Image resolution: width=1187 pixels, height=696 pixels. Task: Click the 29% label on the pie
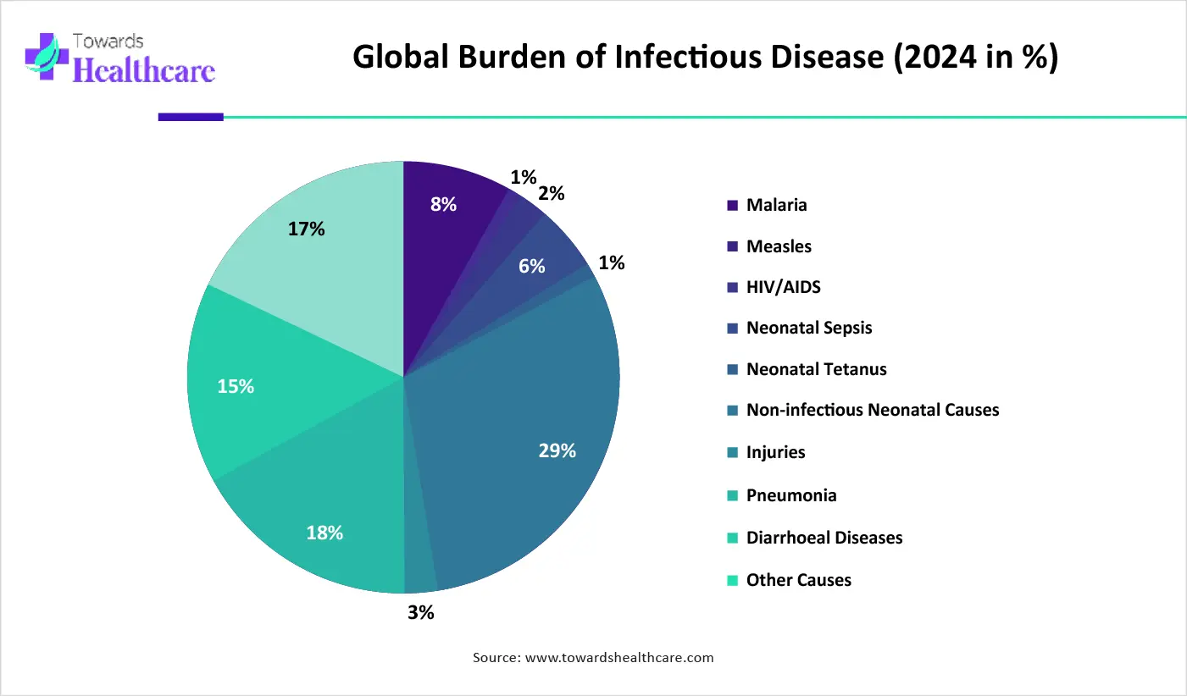click(x=557, y=450)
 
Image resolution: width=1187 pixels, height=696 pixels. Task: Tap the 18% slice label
click(x=324, y=533)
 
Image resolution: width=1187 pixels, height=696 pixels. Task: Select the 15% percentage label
click(x=236, y=387)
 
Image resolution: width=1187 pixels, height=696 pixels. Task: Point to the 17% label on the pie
click(x=306, y=229)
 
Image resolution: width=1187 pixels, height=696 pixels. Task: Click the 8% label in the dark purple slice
click(x=443, y=204)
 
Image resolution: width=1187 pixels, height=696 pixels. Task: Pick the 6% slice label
click(x=531, y=266)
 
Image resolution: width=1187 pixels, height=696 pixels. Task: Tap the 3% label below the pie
click(x=421, y=613)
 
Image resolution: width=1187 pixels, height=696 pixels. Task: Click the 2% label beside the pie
click(x=551, y=194)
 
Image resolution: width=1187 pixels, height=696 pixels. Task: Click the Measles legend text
click(x=779, y=246)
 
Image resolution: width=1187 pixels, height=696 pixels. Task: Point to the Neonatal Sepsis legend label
click(x=809, y=328)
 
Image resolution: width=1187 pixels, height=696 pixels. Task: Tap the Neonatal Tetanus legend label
click(x=816, y=369)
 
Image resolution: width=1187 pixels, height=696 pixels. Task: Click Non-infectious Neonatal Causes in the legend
click(x=873, y=410)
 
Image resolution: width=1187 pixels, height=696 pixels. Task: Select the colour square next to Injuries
click(x=732, y=452)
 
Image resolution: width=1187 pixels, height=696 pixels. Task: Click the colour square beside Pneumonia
click(x=732, y=496)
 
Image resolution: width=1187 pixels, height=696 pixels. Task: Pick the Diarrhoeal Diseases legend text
click(x=824, y=538)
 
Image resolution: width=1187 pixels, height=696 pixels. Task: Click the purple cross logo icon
click(x=47, y=57)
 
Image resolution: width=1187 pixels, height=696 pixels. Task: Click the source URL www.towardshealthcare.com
click(x=619, y=658)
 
